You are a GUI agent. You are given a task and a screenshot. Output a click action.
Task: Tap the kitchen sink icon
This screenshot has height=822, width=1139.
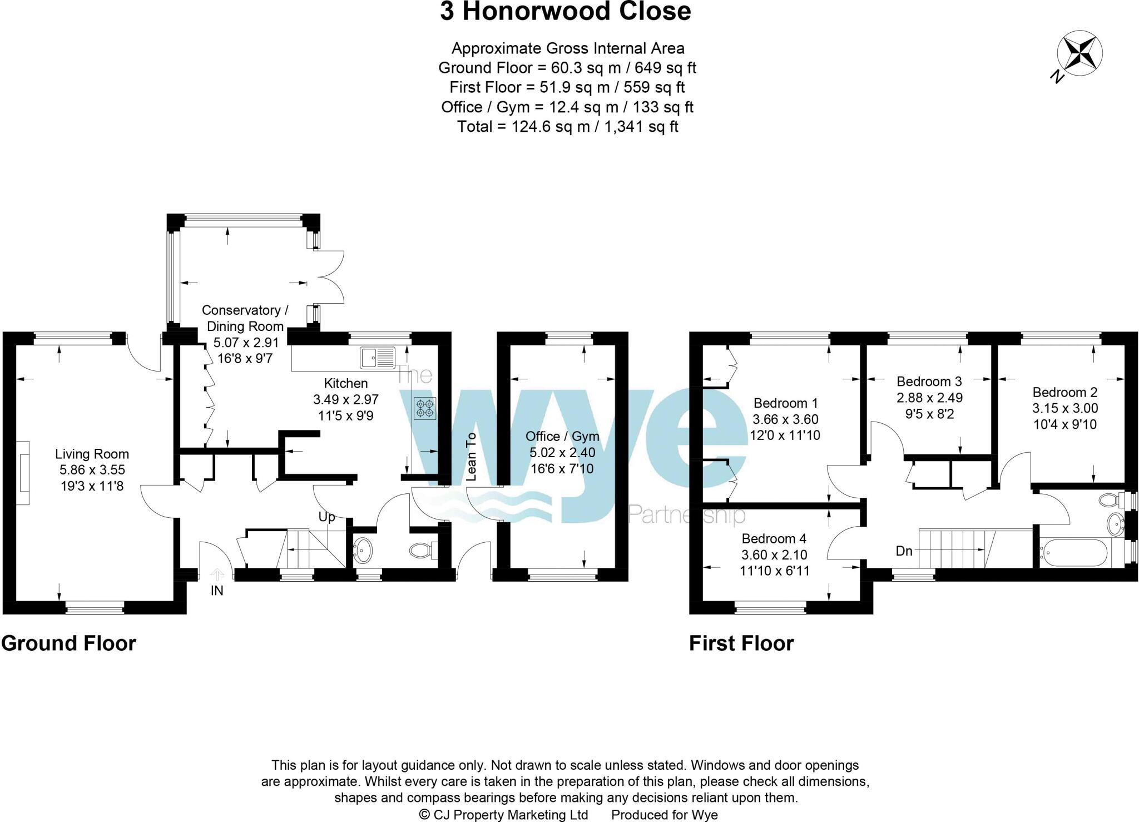[x=378, y=357]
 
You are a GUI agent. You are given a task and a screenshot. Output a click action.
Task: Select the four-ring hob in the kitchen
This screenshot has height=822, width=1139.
[x=425, y=408]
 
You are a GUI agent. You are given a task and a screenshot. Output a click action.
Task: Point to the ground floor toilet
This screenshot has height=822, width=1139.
[x=422, y=551]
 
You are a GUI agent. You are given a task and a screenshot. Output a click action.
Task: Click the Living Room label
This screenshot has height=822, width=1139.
[x=92, y=454]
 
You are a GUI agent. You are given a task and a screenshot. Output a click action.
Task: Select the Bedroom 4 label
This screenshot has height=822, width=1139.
[x=774, y=538]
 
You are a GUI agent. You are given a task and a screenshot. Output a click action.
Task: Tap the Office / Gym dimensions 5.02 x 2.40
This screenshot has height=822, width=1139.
[x=562, y=453]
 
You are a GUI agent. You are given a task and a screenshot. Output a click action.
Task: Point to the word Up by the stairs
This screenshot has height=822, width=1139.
[x=327, y=517]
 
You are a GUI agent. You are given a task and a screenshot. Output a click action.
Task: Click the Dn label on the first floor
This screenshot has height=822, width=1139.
[x=904, y=551]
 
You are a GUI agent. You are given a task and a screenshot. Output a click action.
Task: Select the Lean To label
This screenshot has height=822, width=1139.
[x=471, y=456]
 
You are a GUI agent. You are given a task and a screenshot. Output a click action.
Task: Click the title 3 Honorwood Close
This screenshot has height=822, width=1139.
[x=565, y=12]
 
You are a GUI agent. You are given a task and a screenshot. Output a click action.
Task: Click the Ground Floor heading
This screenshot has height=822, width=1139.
[x=68, y=643]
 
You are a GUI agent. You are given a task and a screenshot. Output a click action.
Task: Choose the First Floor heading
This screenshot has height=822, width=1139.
[x=741, y=643]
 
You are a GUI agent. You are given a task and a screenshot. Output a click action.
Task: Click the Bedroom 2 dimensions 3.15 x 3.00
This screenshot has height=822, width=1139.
[x=1065, y=408]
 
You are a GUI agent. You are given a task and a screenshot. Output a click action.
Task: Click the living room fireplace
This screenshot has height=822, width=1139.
[x=23, y=473]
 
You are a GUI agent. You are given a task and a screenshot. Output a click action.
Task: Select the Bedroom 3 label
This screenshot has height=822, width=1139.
[x=929, y=382]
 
